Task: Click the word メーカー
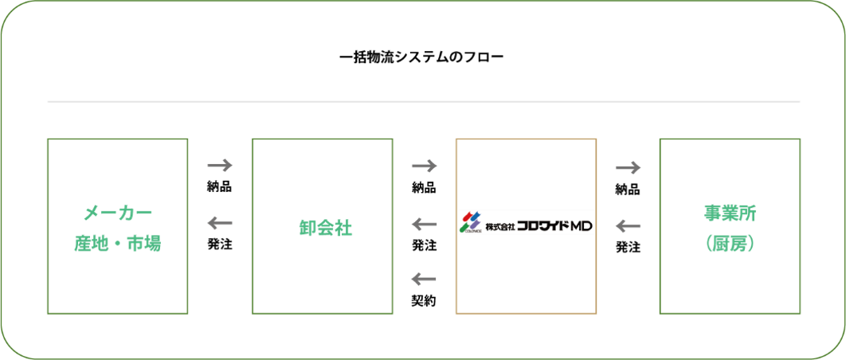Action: coord(118,213)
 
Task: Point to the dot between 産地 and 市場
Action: coord(117,244)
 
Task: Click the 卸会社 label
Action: coord(323,228)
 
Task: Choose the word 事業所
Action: coord(730,213)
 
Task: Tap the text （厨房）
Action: coord(730,244)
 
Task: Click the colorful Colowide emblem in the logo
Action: coord(470,224)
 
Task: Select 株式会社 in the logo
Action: coord(499,226)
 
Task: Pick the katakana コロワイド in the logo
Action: coord(542,225)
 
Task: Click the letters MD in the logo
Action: coord(581,225)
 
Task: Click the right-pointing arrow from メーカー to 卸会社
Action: coord(220,166)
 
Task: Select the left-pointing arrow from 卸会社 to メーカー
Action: coord(220,224)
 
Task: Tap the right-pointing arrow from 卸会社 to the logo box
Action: coord(424,166)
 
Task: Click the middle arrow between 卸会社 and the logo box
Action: coord(424,226)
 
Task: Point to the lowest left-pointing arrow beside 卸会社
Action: coord(424,279)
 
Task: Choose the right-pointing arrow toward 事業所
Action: coord(629,167)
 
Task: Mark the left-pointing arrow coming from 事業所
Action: coord(629,227)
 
